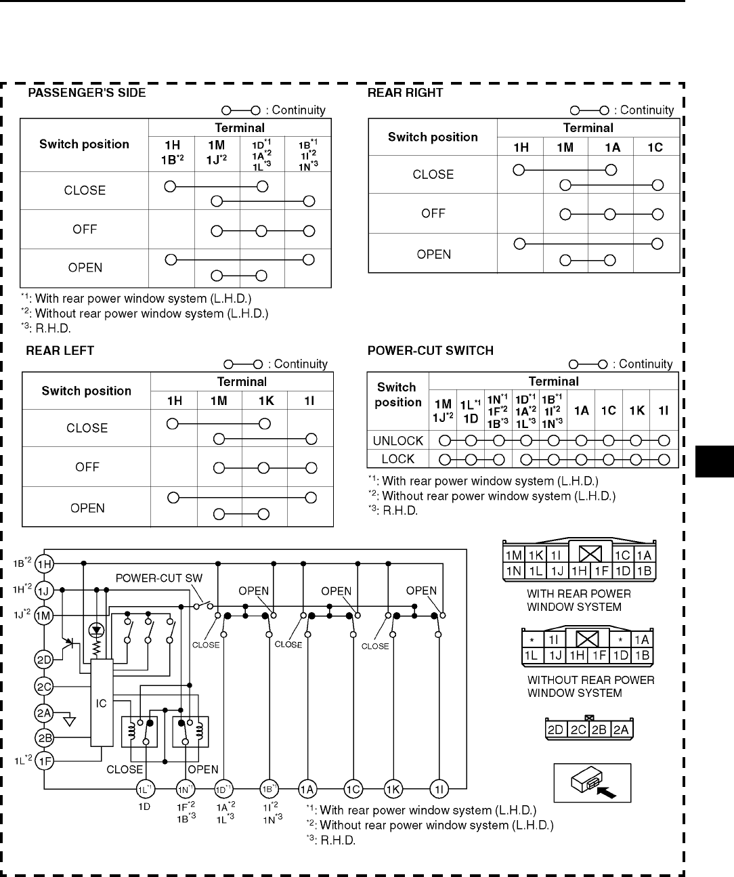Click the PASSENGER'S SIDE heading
pyautogui.click(x=86, y=93)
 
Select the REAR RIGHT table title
pyautogui.click(x=405, y=93)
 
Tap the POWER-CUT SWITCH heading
pyautogui.click(x=430, y=351)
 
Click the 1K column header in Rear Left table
pyautogui.click(x=265, y=401)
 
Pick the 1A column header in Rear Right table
pyautogui.click(x=612, y=147)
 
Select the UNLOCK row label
pyautogui.click(x=398, y=441)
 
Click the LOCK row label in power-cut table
pyautogui.click(x=398, y=458)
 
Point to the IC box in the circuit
pyautogui.click(x=101, y=704)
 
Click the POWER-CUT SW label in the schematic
pyautogui.click(x=158, y=578)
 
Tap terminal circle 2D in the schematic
pyautogui.click(x=44, y=660)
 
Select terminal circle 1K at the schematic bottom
pyautogui.click(x=393, y=789)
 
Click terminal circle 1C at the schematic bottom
pyautogui.click(x=353, y=789)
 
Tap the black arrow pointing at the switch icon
pyautogui.click(x=608, y=791)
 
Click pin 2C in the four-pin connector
pyautogui.click(x=578, y=730)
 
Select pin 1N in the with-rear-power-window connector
pyautogui.click(x=514, y=571)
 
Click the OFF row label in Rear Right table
pyautogui.click(x=433, y=213)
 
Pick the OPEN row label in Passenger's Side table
pyautogui.click(x=85, y=268)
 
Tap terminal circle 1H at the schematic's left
pyautogui.click(x=44, y=563)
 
